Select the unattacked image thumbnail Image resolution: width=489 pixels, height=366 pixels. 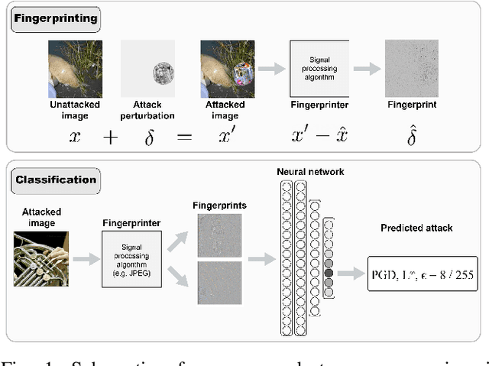tap(75, 69)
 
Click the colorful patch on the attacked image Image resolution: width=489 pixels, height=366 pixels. tap(242, 74)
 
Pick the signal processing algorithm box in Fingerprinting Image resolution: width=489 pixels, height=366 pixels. tap(319, 69)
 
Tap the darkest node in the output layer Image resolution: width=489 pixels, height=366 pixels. tap(329, 271)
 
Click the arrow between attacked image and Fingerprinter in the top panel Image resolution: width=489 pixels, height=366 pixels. tap(270, 69)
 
